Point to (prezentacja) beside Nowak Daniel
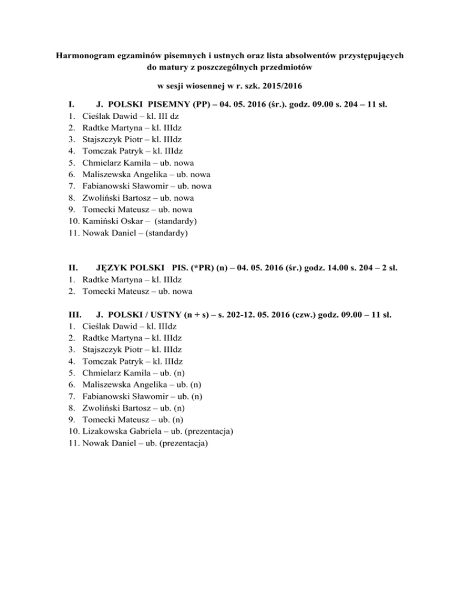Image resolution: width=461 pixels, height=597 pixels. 181,443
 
